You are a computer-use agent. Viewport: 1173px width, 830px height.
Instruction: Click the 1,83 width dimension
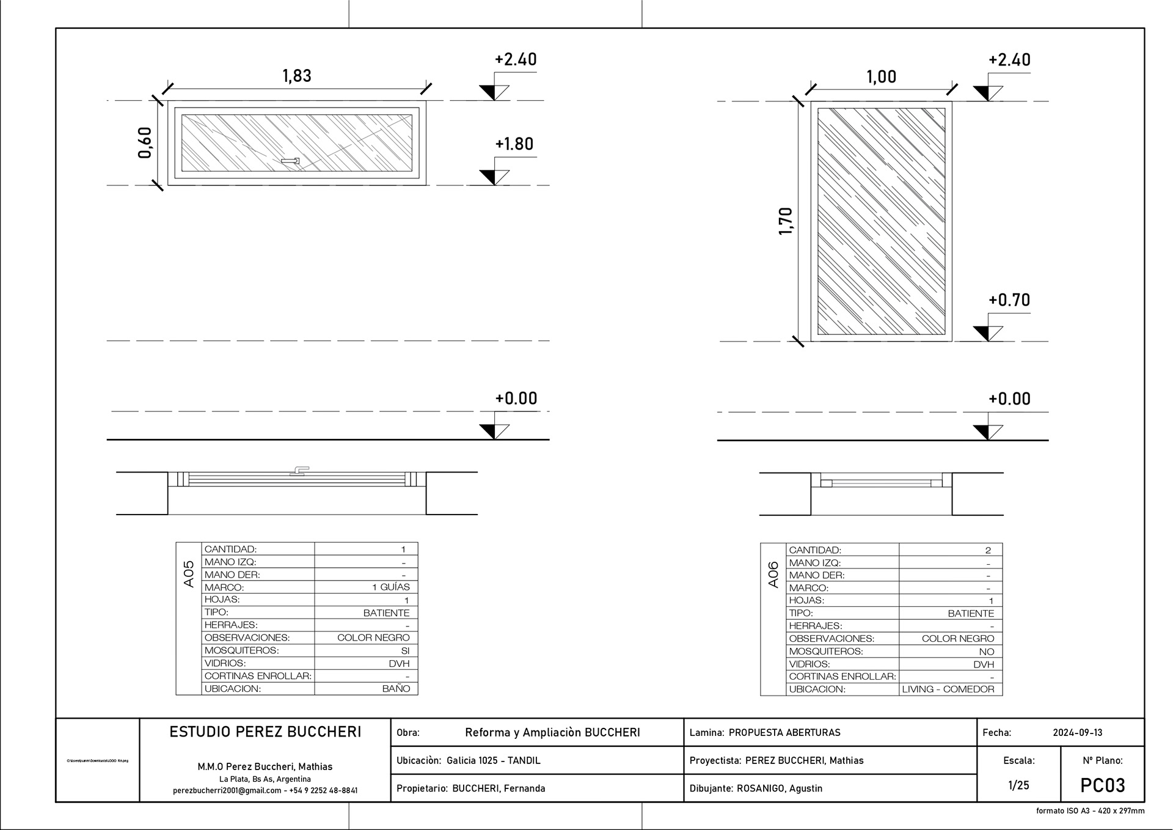tap(297, 76)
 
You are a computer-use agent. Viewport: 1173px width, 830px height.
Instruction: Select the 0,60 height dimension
tap(145, 142)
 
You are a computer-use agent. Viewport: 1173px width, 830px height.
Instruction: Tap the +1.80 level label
tap(514, 144)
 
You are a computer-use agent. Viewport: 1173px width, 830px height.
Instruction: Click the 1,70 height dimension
tap(786, 221)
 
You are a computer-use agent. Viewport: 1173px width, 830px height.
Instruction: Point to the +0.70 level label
tap(1009, 300)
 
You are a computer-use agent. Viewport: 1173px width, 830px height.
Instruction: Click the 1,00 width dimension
tap(882, 77)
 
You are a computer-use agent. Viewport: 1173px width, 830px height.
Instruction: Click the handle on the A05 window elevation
tap(290, 161)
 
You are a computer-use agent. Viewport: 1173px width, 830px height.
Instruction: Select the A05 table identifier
tap(189, 574)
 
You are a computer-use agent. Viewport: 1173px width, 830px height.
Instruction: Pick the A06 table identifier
tap(773, 575)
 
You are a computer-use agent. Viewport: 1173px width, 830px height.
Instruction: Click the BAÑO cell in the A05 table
tap(396, 689)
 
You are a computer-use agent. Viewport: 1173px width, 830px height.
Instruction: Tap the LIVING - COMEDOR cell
tap(948, 689)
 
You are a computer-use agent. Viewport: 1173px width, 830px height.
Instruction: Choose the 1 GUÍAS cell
tap(391, 587)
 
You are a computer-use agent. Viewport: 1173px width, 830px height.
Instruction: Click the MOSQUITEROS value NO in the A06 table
tap(986, 652)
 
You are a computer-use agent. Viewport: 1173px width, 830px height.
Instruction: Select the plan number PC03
tap(1103, 785)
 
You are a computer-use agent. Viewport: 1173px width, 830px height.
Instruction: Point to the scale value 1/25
tap(1018, 785)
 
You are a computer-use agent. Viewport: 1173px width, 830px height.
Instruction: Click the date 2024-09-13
tap(1078, 732)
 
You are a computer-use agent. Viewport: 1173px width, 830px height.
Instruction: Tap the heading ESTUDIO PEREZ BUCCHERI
tap(265, 732)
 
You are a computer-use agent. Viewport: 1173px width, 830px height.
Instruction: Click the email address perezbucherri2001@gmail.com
tap(227, 790)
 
